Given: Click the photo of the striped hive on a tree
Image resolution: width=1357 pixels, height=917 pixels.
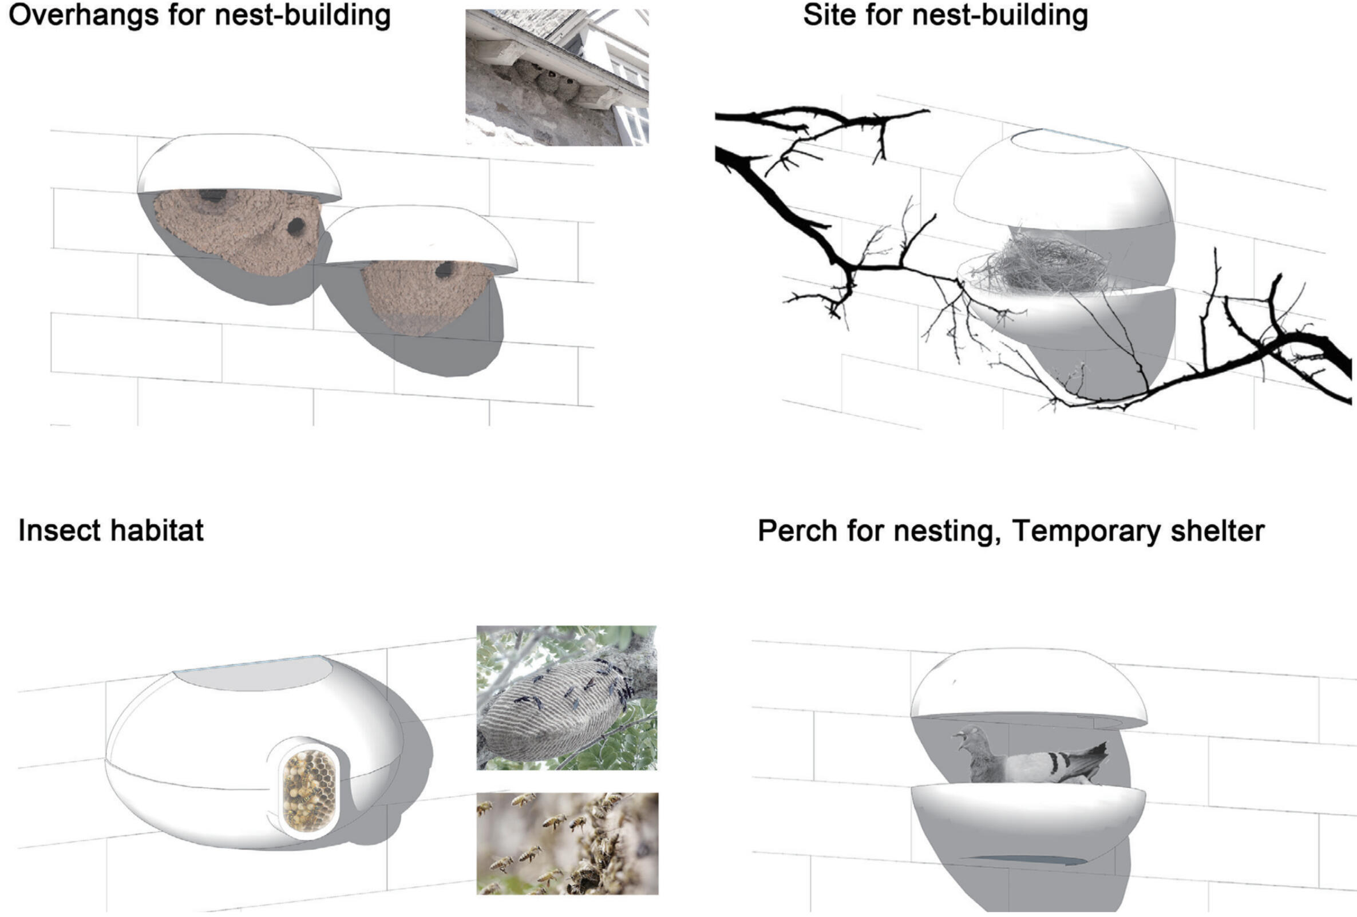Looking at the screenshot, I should click(567, 697).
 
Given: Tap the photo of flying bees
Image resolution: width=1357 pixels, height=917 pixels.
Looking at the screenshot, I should click(567, 843).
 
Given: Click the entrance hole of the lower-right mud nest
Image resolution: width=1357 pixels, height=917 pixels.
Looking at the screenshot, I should click(445, 269).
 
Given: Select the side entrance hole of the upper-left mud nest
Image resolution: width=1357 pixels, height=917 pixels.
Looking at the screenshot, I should click(296, 227).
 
